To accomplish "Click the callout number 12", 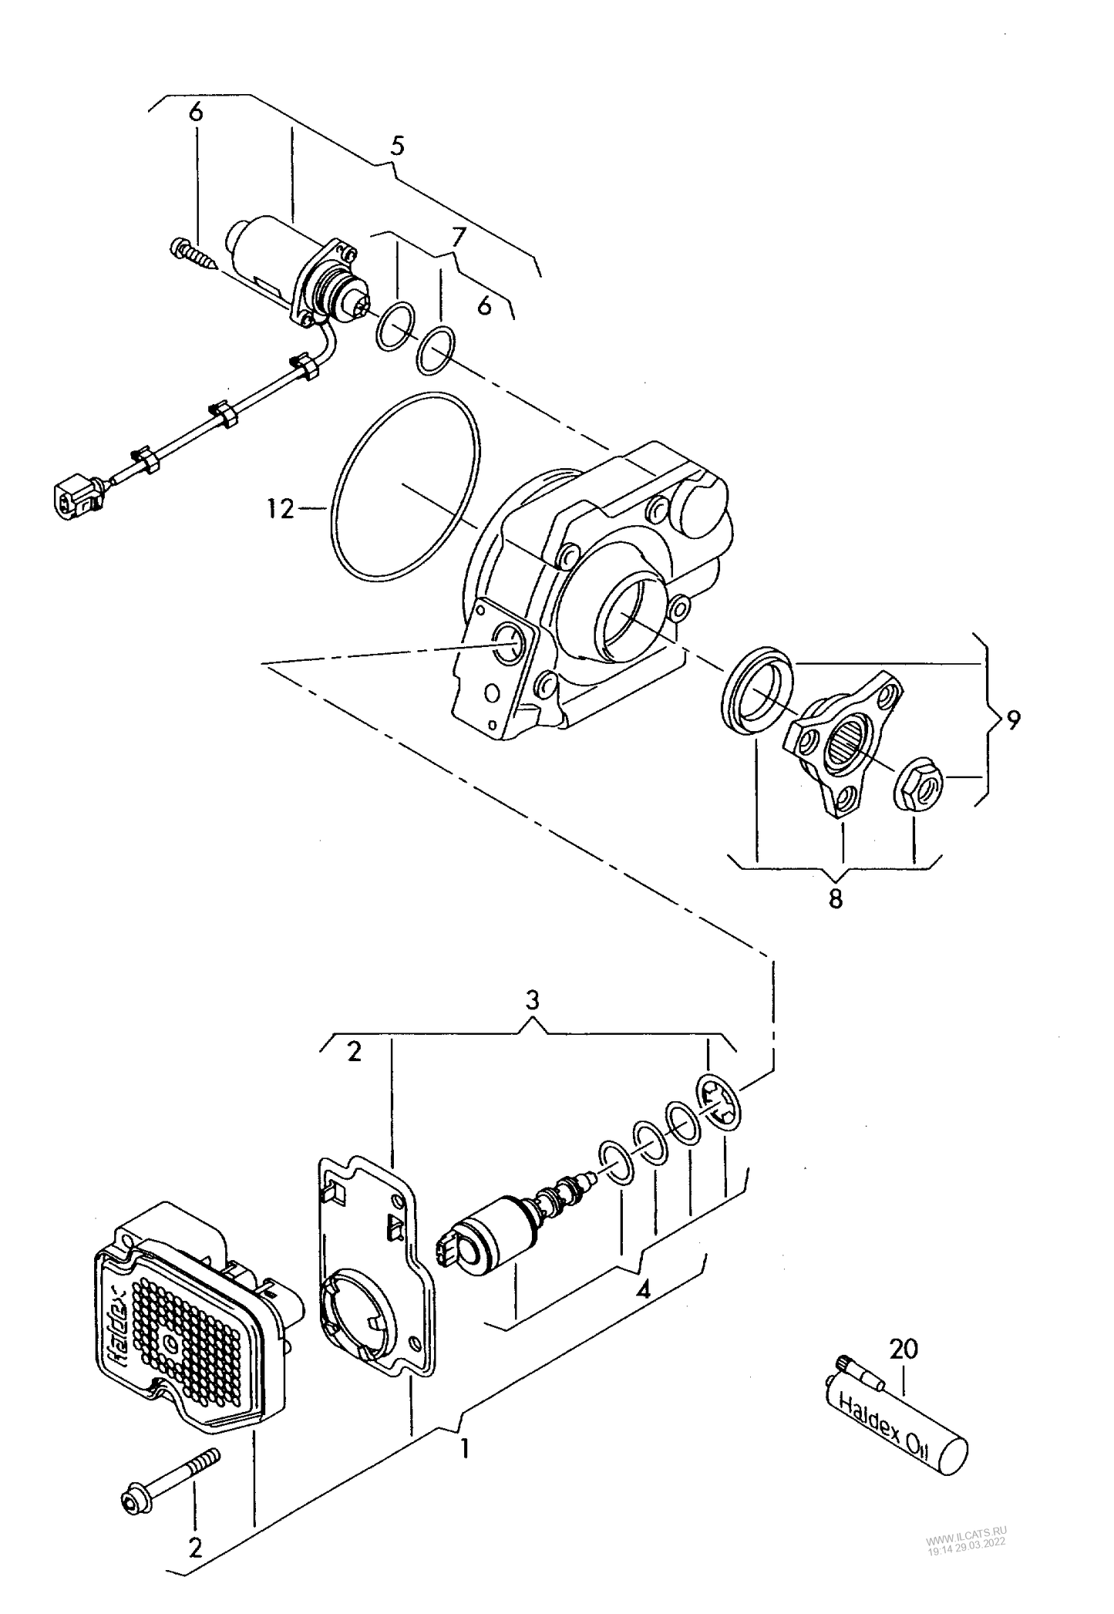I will pyautogui.click(x=281, y=509).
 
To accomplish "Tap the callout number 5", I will pyautogui.click(x=397, y=146).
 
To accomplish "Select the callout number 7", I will pyautogui.click(x=459, y=237).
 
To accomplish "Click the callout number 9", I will pyautogui.click(x=1011, y=720).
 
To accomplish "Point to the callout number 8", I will pyautogui.click(x=836, y=898).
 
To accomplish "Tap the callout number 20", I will pyautogui.click(x=904, y=1349).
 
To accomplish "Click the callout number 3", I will pyautogui.click(x=532, y=1001).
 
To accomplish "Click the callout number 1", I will pyautogui.click(x=464, y=1451).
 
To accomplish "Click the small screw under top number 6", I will pyautogui.click(x=192, y=254).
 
